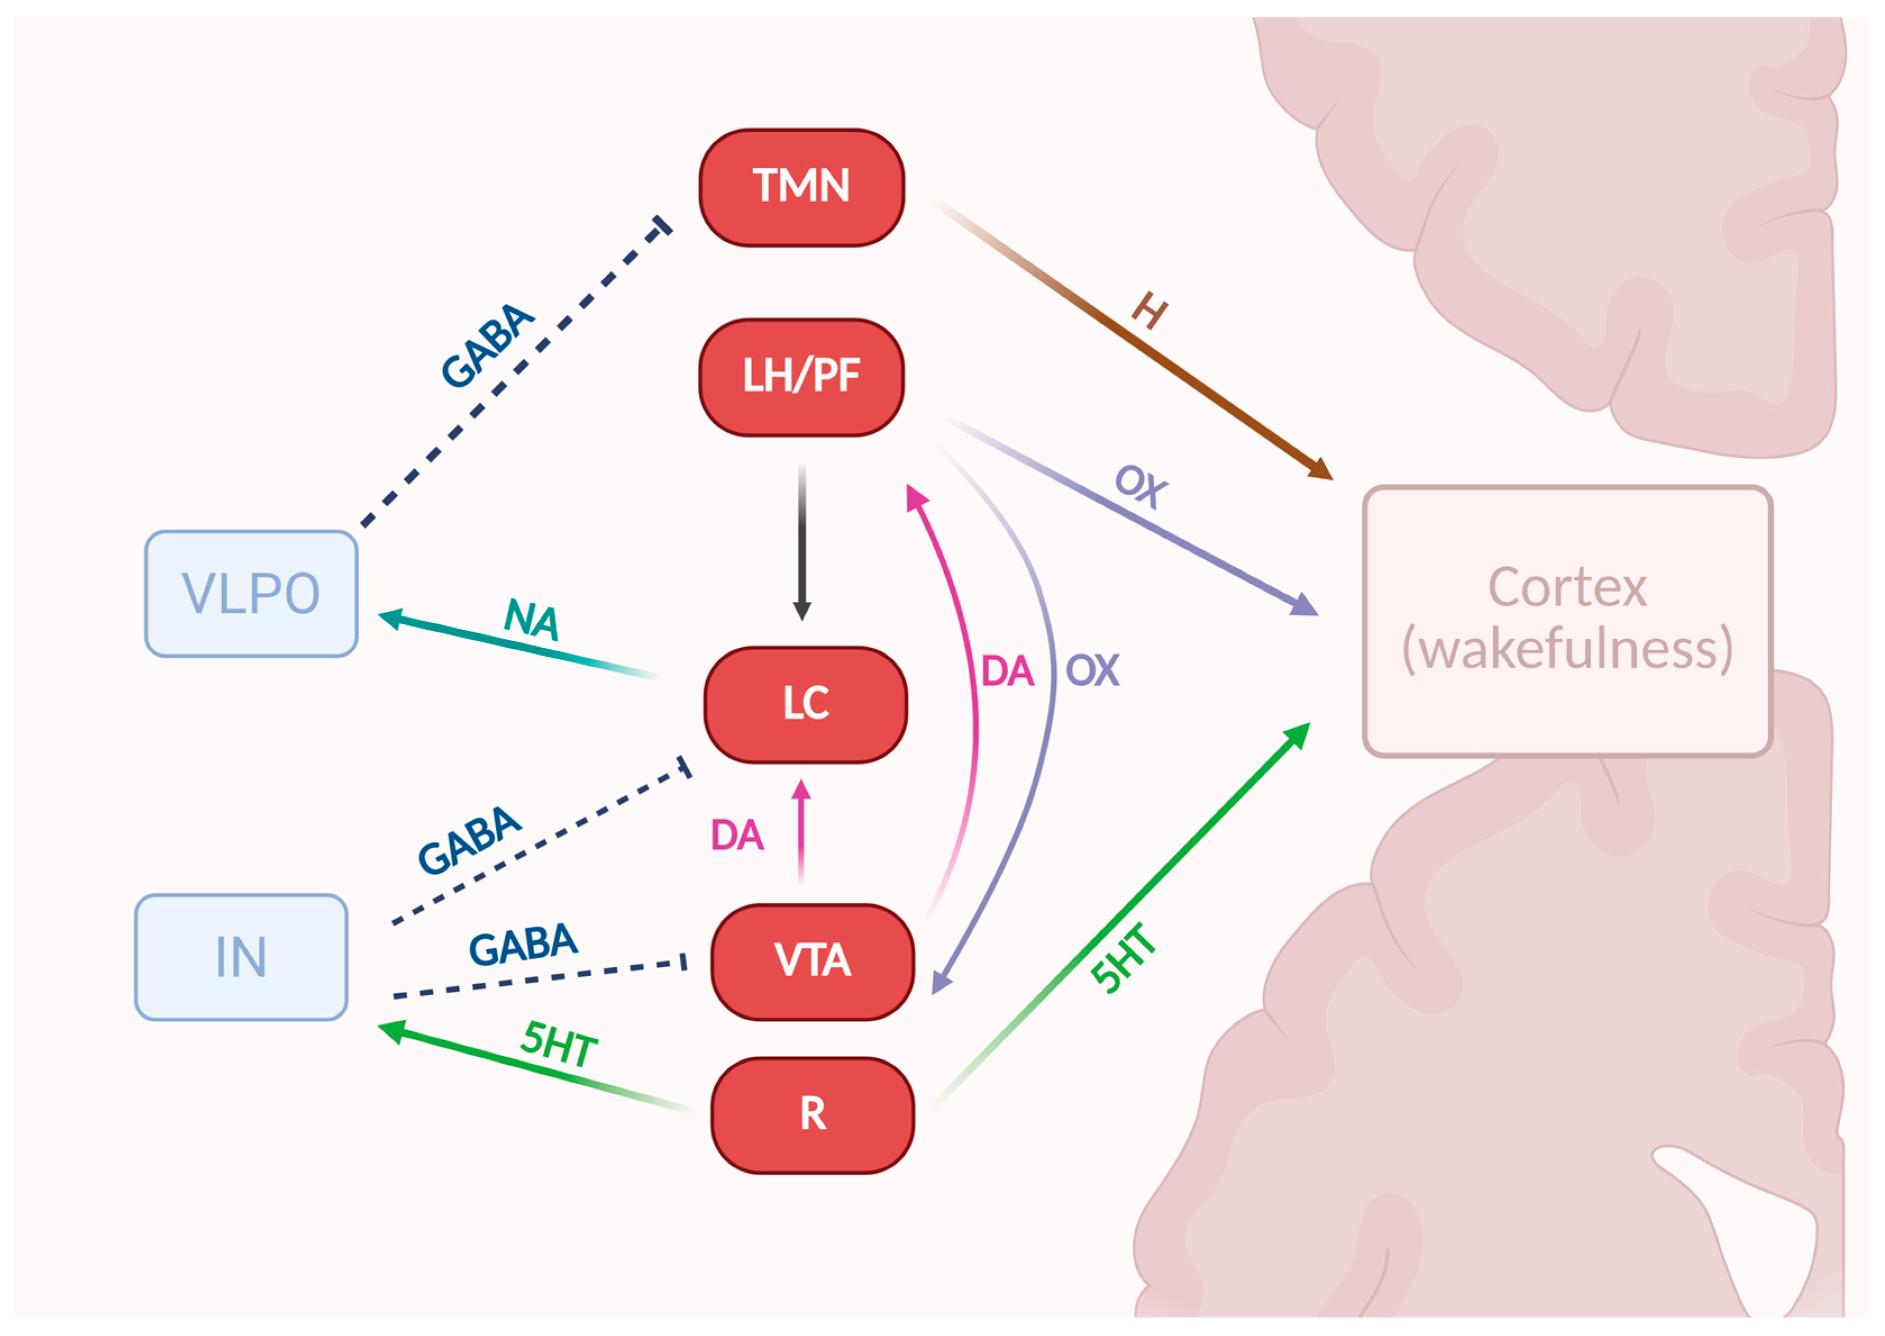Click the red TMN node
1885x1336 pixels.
(801, 187)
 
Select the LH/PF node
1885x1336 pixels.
(801, 377)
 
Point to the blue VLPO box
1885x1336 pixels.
(251, 593)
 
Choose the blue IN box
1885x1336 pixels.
(241, 957)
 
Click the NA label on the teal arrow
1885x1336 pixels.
(531, 620)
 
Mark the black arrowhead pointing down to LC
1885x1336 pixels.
(802, 610)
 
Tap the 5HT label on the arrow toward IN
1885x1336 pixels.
(559, 1044)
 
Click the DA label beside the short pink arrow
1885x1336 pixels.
(737, 835)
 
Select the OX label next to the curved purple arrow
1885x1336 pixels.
(1092, 670)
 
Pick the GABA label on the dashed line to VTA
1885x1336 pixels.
(523, 944)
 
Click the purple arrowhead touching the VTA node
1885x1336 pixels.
(942, 982)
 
